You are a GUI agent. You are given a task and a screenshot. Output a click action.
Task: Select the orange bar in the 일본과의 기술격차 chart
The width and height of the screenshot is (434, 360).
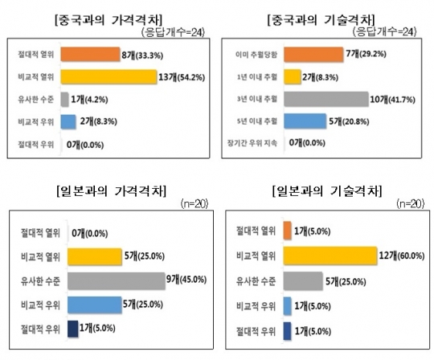288,231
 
